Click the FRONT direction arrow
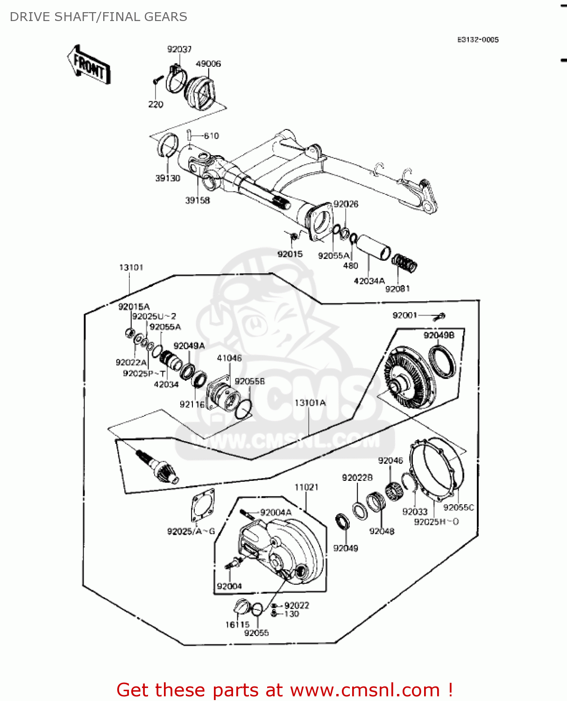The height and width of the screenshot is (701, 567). pos(89,65)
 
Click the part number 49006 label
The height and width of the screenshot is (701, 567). pos(208,64)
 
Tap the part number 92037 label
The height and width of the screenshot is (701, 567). pos(179,49)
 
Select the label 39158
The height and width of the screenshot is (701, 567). pos(198,200)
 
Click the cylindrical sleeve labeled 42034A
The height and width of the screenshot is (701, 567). pos(373,248)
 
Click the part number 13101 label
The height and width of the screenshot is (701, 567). pos(131,267)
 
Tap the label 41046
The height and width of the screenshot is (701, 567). pos(229,358)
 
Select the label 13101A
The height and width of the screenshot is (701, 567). pos(310,403)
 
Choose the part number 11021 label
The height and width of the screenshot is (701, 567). pos(306,487)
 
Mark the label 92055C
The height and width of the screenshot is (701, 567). pos(459,508)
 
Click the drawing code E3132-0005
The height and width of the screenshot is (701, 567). pos(478,40)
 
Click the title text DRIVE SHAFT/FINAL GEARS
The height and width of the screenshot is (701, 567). pos(99,17)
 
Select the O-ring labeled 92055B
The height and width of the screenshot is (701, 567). pos(243,409)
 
